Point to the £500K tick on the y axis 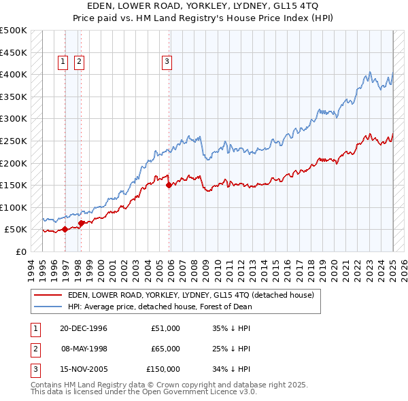(x=14, y=31)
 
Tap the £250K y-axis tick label (x=14, y=141)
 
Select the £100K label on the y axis (x=14, y=207)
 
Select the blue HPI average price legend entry (x=160, y=307)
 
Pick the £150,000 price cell (x=163, y=369)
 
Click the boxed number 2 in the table (x=35, y=349)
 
